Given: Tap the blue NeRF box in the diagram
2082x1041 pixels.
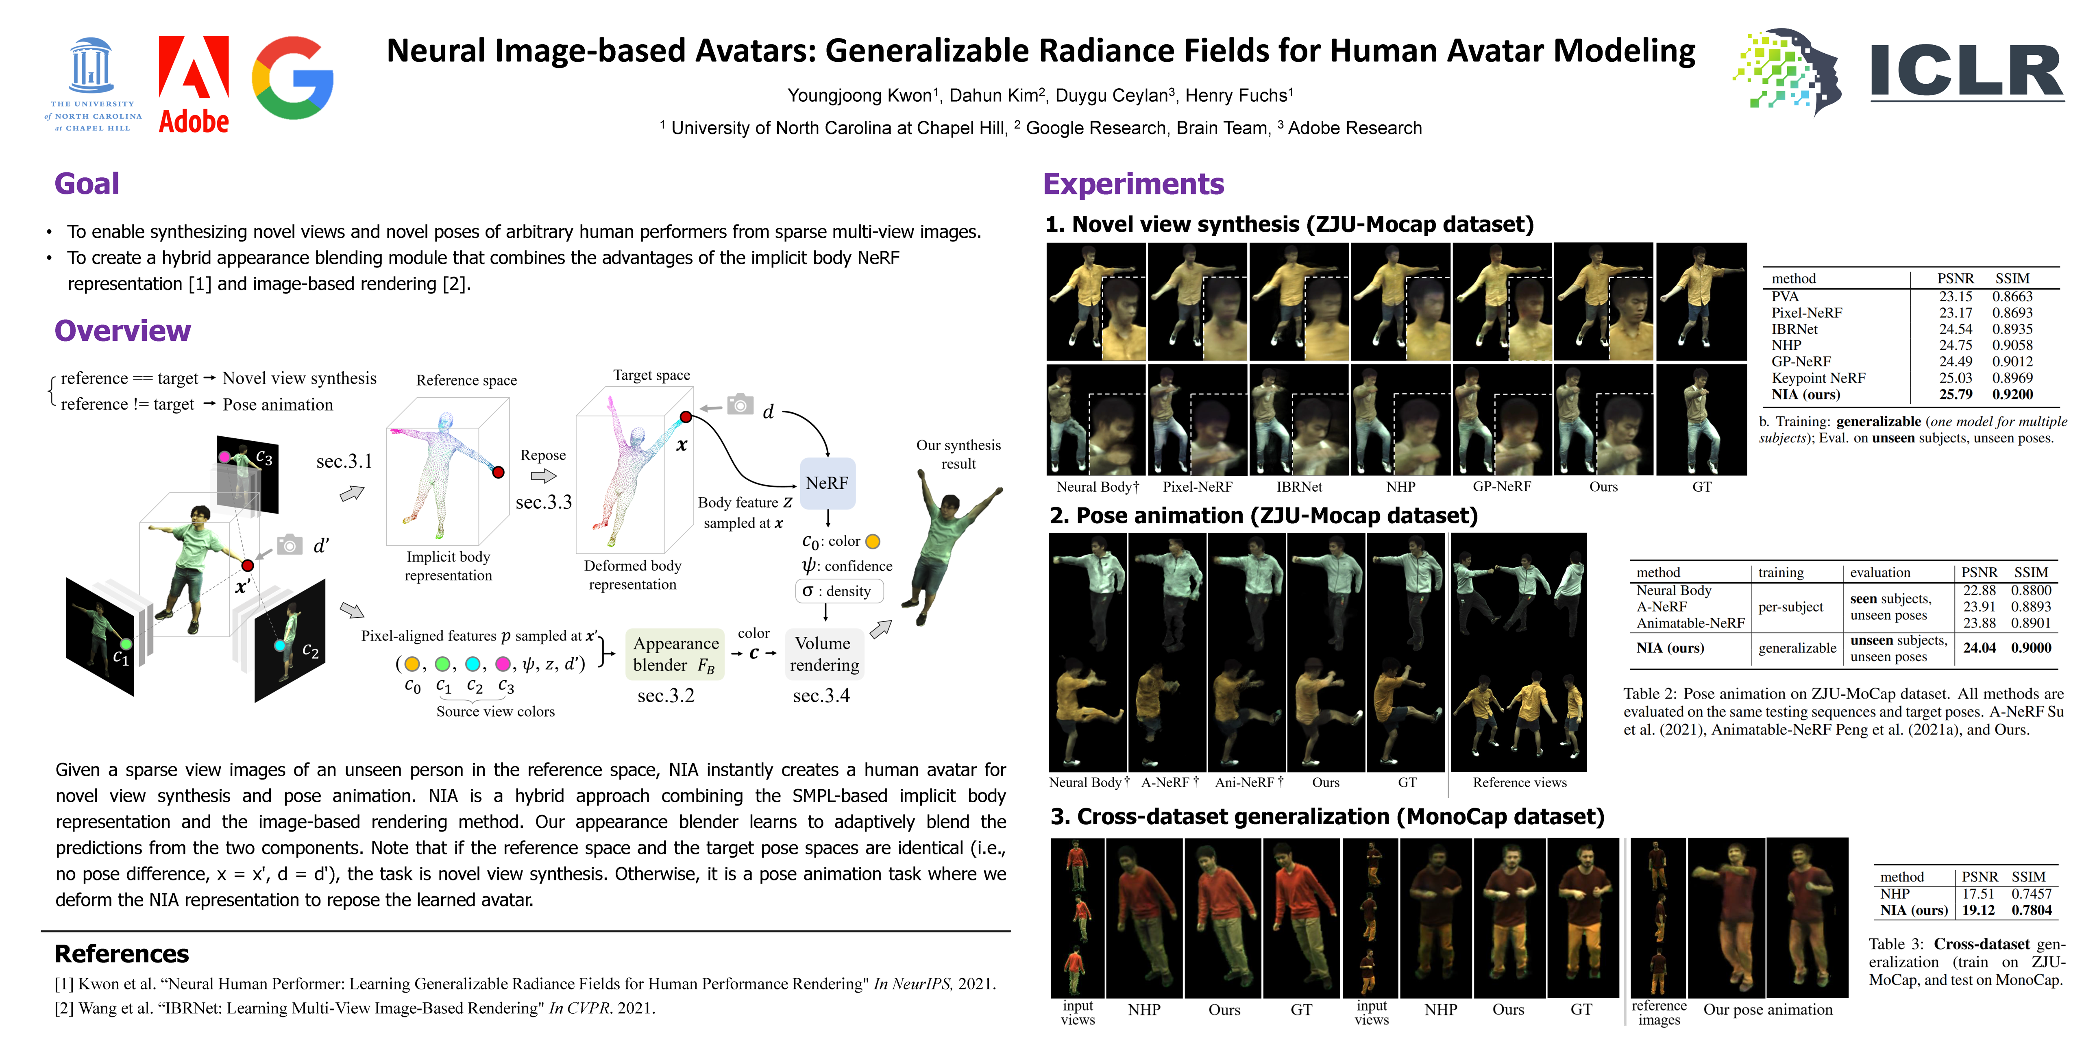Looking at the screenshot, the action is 827,483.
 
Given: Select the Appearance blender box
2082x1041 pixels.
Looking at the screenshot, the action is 676,654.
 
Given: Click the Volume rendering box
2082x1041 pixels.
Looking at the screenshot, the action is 823,654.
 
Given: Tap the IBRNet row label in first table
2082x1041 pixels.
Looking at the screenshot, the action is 1794,329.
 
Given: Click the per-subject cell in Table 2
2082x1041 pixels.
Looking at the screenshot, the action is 1790,607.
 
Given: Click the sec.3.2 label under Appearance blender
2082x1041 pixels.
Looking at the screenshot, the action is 665,696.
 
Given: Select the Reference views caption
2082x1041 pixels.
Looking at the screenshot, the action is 1520,782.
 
